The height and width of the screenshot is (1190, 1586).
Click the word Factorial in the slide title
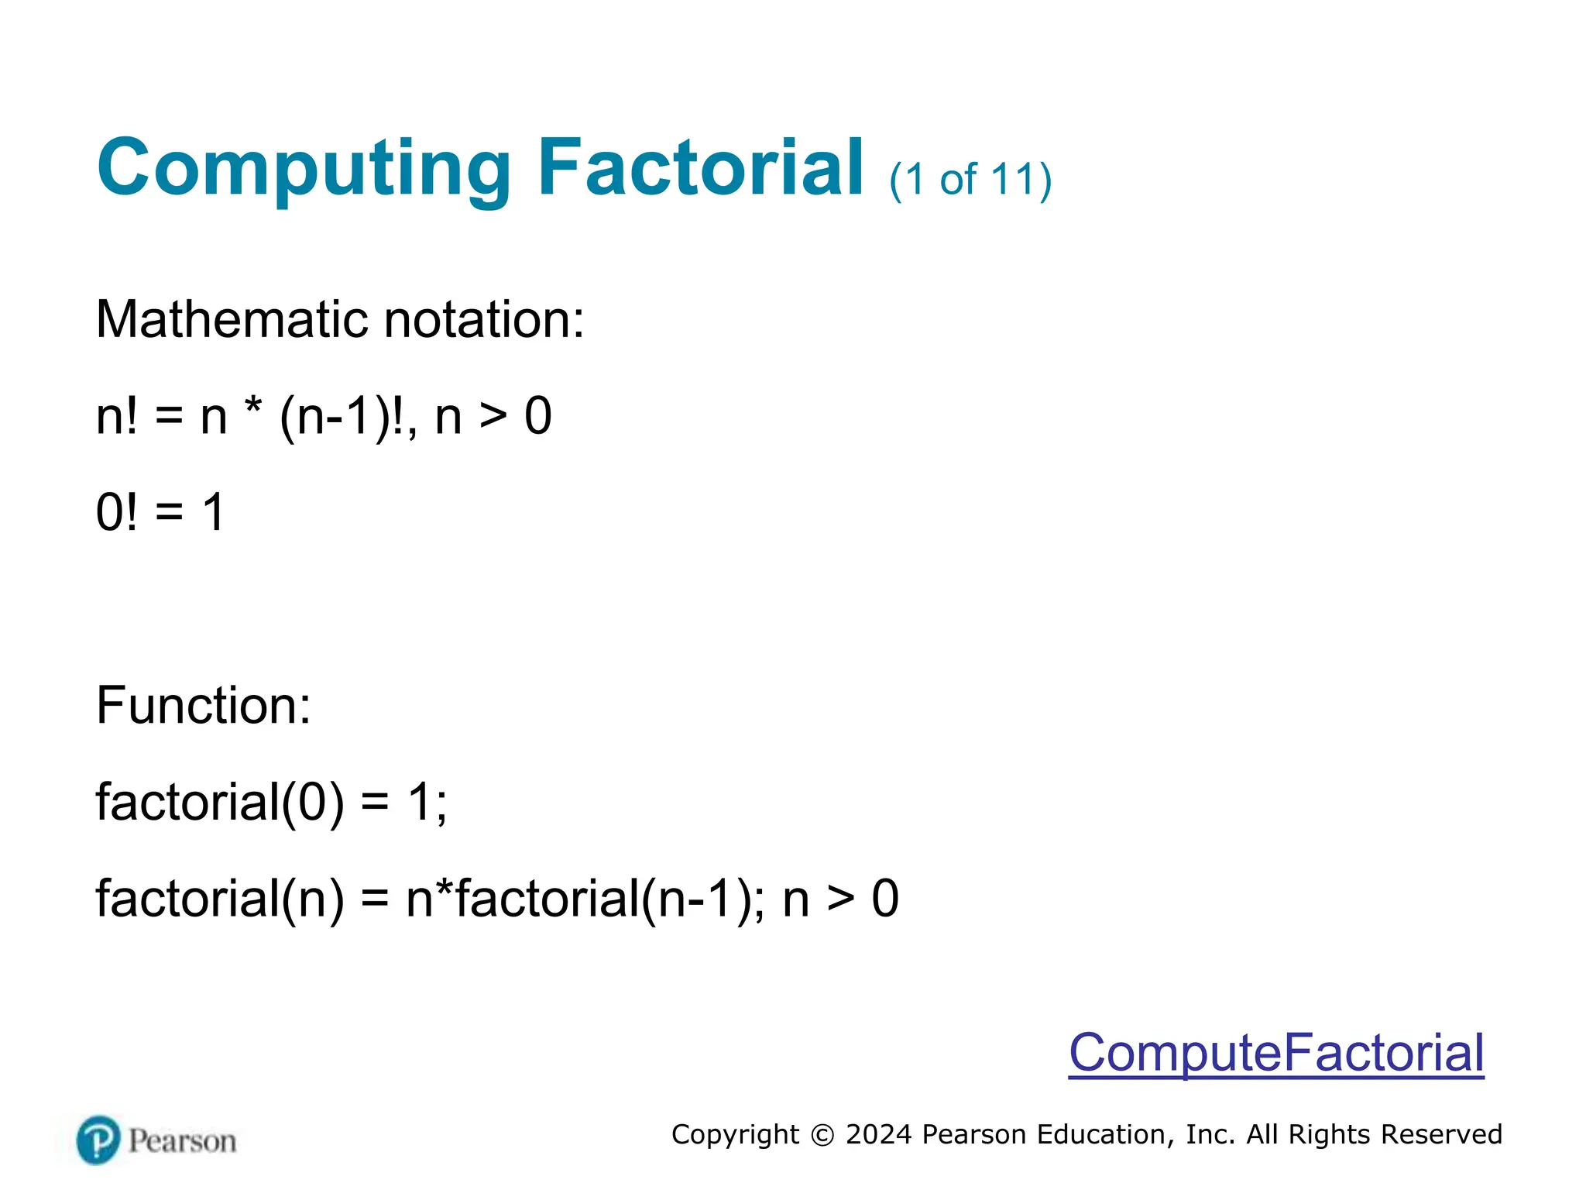700,167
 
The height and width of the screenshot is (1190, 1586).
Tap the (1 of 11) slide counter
970,180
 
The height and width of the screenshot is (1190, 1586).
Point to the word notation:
484,319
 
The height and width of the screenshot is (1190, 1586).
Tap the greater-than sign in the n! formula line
493,417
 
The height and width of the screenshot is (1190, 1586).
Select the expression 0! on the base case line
117,512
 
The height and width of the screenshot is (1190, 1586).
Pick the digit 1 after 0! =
213,512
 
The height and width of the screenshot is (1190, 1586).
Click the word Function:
203,706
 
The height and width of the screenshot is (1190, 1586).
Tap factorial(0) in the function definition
220,802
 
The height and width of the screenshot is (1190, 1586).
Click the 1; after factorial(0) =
427,802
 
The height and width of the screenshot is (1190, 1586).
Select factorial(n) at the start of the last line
220,899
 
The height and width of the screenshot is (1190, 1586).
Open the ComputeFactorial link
1276,1053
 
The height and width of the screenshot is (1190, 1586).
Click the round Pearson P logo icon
98,1140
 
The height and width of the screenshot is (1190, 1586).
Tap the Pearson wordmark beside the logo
183,1141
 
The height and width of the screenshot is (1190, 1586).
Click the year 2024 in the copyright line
878,1134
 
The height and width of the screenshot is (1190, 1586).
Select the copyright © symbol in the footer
822,1135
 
